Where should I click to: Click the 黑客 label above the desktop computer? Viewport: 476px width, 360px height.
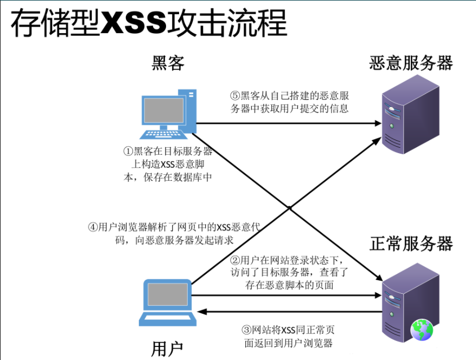point(168,63)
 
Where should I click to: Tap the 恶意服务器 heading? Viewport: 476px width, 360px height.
point(411,63)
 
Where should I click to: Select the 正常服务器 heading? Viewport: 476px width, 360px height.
point(411,244)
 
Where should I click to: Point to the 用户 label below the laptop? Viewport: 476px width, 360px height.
point(167,349)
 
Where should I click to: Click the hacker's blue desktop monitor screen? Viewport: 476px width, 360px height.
point(162,111)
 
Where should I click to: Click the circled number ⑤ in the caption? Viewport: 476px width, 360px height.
point(235,96)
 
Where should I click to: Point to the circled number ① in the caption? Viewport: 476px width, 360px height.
point(128,151)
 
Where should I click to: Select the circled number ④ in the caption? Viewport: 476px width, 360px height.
point(93,228)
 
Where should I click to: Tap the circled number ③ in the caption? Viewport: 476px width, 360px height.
point(246,330)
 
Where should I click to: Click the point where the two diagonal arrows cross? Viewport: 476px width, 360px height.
point(290,208)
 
